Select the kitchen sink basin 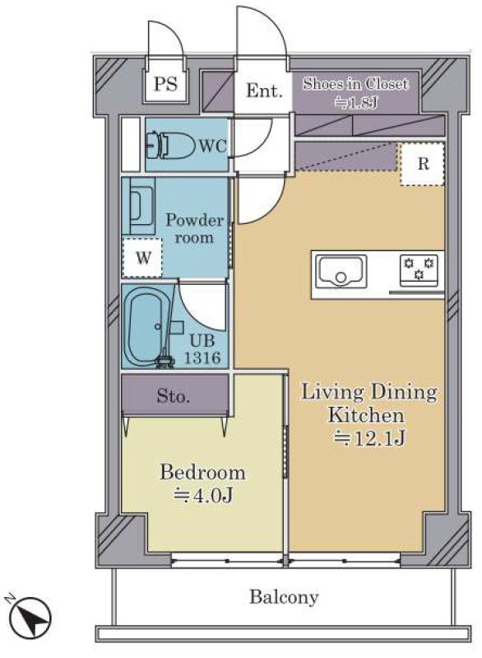tap(341, 271)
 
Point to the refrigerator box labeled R tap(422, 164)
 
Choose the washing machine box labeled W tap(142, 257)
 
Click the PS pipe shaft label tap(166, 84)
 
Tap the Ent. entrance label tap(263, 91)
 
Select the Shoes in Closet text tap(355, 83)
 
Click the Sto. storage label tap(173, 396)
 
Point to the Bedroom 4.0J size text tap(203, 496)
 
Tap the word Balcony tap(284, 597)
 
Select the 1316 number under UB tap(202, 357)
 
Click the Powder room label tap(194, 229)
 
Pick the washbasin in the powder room tap(139, 206)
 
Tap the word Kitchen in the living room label tap(366, 414)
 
